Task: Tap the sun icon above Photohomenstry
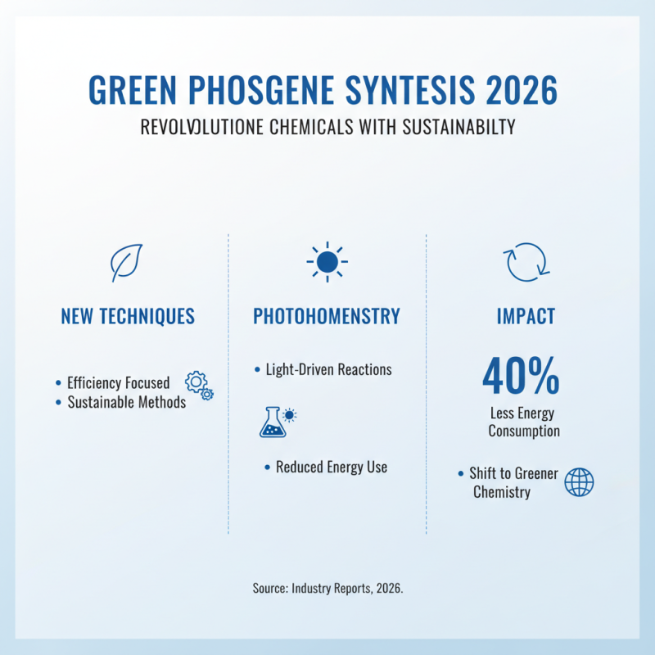click(x=327, y=262)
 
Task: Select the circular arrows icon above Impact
click(x=525, y=262)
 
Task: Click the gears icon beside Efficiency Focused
click(x=199, y=385)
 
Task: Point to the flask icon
click(x=273, y=421)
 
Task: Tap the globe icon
click(x=579, y=482)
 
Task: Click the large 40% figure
click(x=521, y=376)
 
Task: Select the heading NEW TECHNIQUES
click(x=128, y=317)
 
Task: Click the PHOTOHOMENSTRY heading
click(x=327, y=317)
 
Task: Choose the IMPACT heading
click(x=525, y=317)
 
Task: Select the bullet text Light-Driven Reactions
click(x=328, y=370)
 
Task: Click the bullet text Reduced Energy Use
click(x=331, y=468)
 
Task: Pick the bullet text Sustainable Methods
click(x=126, y=403)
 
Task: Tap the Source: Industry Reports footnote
click(x=327, y=589)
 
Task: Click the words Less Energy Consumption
click(x=524, y=422)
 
